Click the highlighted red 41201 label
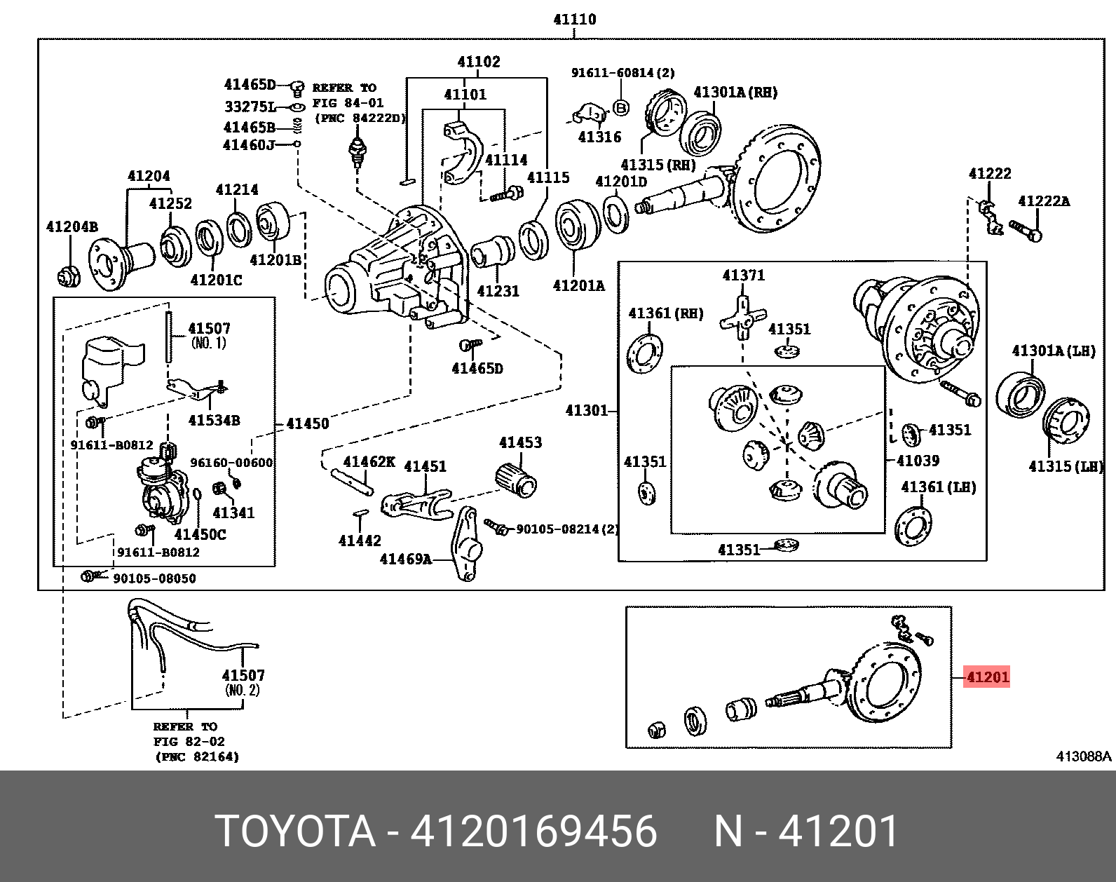pyautogui.click(x=986, y=677)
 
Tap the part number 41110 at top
pyautogui.click(x=574, y=20)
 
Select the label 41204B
pyautogui.click(x=72, y=226)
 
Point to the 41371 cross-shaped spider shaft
pyautogui.click(x=742, y=318)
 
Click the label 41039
pyautogui.click(x=918, y=461)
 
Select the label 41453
pyautogui.click(x=520, y=442)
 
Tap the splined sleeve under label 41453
pyautogui.click(x=516, y=480)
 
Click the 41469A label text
pyautogui.click(x=405, y=559)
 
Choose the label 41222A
pyautogui.click(x=1043, y=201)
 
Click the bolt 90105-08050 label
pyautogui.click(x=154, y=578)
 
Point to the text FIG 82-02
pyautogui.click(x=189, y=742)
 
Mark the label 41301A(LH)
pyautogui.click(x=1053, y=351)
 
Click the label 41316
pyautogui.click(x=599, y=137)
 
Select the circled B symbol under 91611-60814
pyautogui.click(x=621, y=107)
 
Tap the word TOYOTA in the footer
pyautogui.click(x=295, y=832)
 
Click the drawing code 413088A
pyautogui.click(x=1083, y=757)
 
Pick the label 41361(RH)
pyautogui.click(x=665, y=313)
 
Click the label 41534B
pyautogui.click(x=214, y=421)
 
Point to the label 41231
pyautogui.click(x=498, y=291)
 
